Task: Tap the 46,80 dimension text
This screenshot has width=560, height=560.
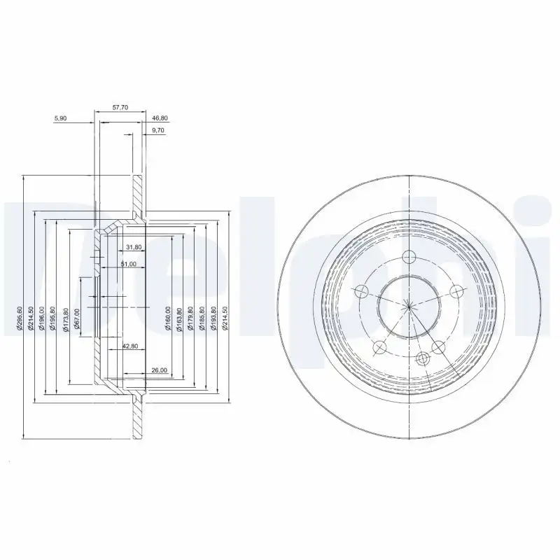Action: [160, 119]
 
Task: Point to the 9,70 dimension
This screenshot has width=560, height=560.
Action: [158, 131]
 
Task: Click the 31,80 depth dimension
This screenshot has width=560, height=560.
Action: [134, 247]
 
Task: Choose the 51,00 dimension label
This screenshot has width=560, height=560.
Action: [128, 264]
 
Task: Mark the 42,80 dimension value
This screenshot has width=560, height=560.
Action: [130, 346]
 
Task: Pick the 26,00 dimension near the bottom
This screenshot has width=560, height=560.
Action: [158, 370]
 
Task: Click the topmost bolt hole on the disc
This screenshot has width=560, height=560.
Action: [409, 255]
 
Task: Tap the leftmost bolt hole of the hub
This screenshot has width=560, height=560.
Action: [362, 291]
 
